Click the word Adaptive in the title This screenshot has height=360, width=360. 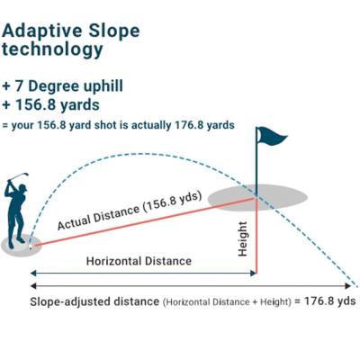coord(42,31)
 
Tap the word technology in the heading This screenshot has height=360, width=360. coord(52,49)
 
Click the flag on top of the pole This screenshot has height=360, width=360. coord(272,136)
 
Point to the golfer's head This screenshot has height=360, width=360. coord(22,188)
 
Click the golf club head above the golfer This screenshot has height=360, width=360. coord(26,175)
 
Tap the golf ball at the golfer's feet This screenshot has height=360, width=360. coord(31,247)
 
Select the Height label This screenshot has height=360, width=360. coord(242,239)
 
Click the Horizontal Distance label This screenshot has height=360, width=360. coord(139,261)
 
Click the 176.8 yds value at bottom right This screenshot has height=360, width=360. coord(330,301)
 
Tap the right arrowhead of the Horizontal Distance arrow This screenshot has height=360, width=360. coord(254,273)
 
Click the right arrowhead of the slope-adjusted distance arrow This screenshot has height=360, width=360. coord(347,286)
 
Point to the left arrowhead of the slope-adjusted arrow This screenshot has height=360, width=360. coord(33,286)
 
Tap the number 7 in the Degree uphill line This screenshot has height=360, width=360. coord(19,86)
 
